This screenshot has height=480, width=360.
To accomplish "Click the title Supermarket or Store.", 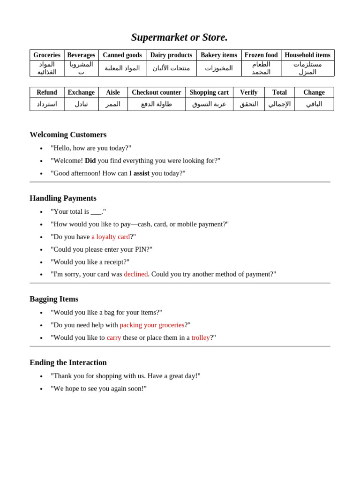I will click(x=180, y=37).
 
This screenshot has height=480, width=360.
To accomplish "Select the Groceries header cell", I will click(x=47, y=55).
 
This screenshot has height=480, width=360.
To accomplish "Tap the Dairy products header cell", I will click(x=171, y=55).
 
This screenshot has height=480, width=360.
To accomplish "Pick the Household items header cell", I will click(x=307, y=55).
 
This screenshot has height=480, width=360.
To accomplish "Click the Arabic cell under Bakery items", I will click(x=219, y=68).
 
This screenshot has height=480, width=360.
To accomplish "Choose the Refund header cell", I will click(x=47, y=92).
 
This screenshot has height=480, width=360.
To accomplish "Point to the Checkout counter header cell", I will click(x=157, y=92).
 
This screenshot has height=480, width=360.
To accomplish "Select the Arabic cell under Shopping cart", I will click(x=209, y=104).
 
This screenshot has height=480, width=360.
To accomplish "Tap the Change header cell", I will click(x=314, y=92).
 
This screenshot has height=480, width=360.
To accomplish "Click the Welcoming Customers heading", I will click(x=68, y=135).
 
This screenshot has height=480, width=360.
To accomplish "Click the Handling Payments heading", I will click(x=63, y=198).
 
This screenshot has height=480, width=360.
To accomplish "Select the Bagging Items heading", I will click(x=54, y=299).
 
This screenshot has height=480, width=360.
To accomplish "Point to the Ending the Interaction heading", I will click(x=68, y=362).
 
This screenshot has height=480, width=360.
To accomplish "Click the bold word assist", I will click(x=142, y=173).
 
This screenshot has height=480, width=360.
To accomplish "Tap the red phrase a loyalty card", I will click(x=111, y=237).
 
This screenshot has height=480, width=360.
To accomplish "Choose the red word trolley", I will click(x=201, y=337).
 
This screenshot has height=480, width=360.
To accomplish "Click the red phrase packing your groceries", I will click(x=152, y=325).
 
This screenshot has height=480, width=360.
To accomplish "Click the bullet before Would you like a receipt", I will click(x=41, y=262).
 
